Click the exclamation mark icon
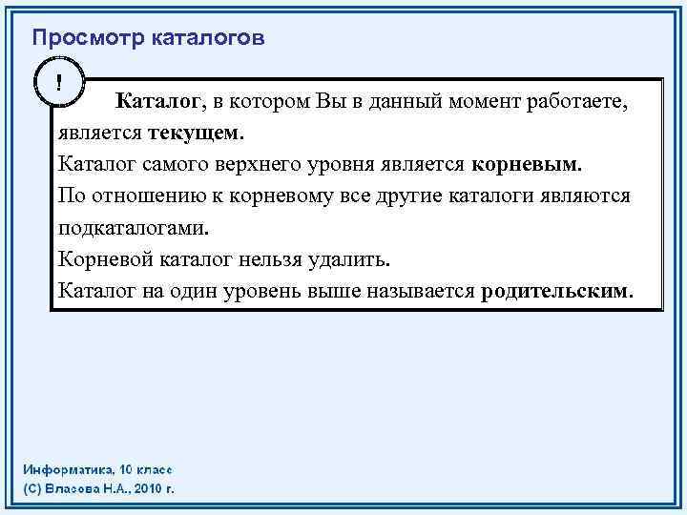click(59, 82)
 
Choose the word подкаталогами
click(133, 228)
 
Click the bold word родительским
click(556, 290)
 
